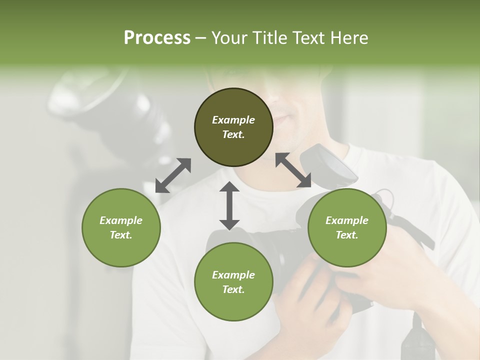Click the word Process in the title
pos(157,38)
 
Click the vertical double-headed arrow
pos(229,205)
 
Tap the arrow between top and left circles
pos(173,175)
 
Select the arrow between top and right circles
pos(293,170)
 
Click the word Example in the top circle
pos(233,120)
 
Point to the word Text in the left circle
pos(121,235)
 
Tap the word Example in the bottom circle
pos(233,275)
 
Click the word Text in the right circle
pos(347,235)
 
